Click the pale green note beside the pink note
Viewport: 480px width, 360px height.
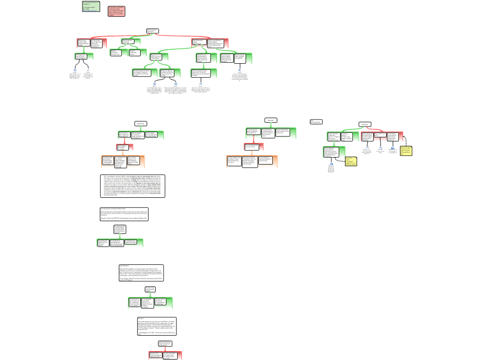click(91, 6)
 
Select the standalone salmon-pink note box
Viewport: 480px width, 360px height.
click(116, 11)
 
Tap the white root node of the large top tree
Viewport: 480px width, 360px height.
click(152, 31)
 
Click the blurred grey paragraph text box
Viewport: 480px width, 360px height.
click(133, 186)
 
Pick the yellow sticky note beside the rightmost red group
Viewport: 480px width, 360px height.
click(406, 150)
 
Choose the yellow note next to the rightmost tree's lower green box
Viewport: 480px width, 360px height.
click(351, 161)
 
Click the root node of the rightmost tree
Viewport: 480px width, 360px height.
click(365, 124)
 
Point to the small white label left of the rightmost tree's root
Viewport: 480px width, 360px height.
click(316, 121)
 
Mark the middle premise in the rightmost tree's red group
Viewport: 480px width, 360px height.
click(379, 136)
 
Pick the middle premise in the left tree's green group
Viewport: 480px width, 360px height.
click(137, 135)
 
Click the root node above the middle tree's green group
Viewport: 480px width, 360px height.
click(270, 120)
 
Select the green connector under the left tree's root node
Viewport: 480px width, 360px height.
click(140, 128)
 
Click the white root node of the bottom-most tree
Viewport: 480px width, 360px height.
click(165, 344)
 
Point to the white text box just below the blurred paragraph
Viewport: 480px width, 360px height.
click(124, 214)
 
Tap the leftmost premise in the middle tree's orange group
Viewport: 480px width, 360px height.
click(233, 161)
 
